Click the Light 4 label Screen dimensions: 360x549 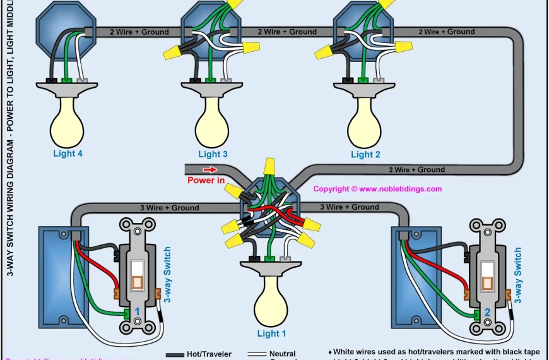pos(68,153)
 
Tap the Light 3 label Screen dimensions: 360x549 pos(213,154)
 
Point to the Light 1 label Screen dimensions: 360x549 pos(271,333)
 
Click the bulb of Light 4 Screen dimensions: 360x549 pos(68,120)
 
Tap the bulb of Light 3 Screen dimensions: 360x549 pos(213,120)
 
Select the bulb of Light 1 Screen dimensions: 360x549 pos(271,300)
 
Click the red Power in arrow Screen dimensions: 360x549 pos(210,169)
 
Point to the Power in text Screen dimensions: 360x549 pos(206,181)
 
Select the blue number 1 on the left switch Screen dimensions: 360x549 pos(136,312)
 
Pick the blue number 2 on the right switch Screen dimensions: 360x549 pos(487,312)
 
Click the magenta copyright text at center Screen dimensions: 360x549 pos(377,189)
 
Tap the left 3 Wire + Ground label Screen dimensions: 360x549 pos(169,208)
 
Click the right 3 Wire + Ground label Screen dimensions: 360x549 pos(350,207)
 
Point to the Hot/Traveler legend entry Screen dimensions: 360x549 pos(209,354)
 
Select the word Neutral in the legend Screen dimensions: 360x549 pos(282,354)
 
